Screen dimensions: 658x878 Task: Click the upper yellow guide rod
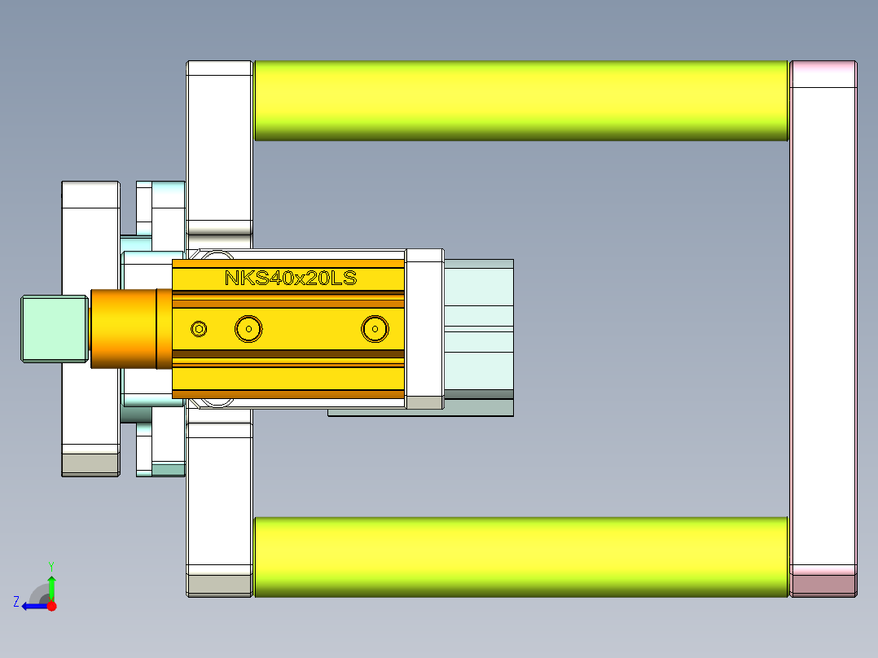coord(521,100)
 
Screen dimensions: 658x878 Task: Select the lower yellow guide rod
coord(521,556)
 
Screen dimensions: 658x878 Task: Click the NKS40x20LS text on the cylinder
coord(291,278)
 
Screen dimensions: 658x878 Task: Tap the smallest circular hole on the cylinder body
coord(199,328)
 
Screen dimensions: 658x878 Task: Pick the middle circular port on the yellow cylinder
coord(248,328)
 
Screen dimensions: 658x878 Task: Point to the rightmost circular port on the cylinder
coord(375,328)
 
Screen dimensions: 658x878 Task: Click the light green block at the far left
coord(53,328)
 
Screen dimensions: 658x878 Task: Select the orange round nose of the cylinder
coord(122,328)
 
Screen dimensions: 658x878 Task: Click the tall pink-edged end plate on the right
coord(823,326)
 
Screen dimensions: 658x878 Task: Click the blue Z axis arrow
coord(34,606)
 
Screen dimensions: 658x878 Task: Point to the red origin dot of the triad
coord(52,606)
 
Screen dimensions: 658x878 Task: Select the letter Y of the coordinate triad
coord(51,564)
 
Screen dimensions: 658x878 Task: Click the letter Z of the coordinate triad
coord(16,602)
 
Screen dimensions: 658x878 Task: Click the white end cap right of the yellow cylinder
coord(424,326)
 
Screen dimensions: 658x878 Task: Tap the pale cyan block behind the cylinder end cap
coord(478,326)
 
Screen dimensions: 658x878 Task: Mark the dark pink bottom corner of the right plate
coord(823,585)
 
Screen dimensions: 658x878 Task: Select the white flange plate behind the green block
coord(90,244)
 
